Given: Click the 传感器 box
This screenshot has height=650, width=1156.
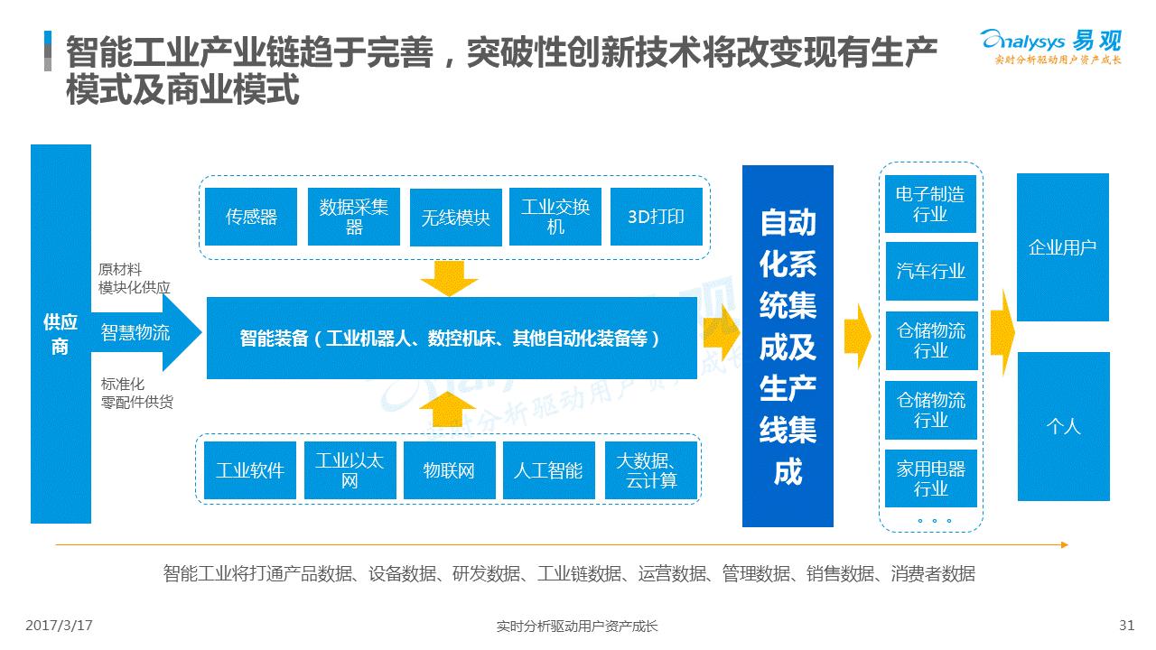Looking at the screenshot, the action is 251,217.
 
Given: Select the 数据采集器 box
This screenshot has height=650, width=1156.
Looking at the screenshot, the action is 353,217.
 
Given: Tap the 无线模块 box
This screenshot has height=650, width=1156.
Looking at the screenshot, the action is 456,218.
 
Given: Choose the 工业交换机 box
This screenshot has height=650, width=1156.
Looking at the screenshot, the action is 555,217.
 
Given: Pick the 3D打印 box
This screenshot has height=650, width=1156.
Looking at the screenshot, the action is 657,217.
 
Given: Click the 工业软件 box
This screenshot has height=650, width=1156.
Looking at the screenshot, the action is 250,470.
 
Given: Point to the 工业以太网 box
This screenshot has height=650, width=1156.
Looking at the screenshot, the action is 350,470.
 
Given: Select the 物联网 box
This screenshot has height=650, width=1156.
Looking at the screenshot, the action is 450,470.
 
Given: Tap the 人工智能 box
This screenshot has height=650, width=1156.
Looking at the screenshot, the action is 549,470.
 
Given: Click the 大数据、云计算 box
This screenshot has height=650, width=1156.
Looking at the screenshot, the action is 651,470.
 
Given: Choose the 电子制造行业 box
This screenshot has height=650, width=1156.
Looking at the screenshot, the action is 930,204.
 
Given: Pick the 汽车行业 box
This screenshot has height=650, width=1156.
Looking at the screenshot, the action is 931,271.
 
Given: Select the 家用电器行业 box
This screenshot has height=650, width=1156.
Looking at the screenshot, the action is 931,478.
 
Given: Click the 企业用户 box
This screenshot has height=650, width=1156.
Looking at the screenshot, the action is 1063,247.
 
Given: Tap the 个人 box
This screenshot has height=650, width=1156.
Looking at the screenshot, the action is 1064,426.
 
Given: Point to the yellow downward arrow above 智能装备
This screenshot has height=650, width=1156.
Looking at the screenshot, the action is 449,279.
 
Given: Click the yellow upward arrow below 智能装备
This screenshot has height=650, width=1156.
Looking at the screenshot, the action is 447,409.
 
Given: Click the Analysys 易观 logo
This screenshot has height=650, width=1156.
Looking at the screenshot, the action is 1050,47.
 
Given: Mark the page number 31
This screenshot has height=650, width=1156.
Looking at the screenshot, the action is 1126,626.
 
